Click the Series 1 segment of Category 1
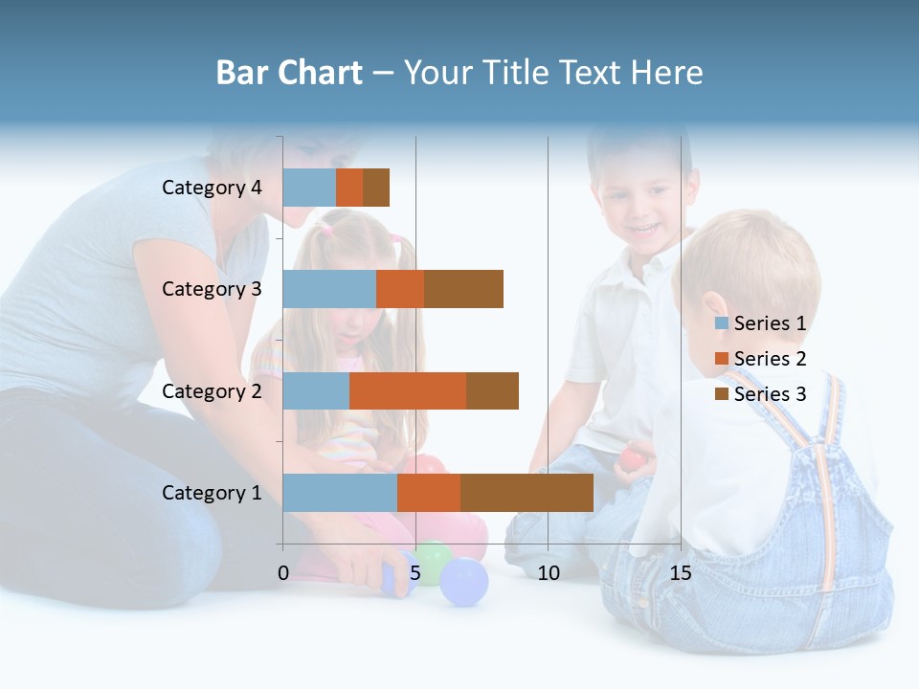pos(340,493)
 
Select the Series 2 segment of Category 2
pos(408,390)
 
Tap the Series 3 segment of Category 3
pos(463,289)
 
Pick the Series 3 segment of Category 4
pos(376,188)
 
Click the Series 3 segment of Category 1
pos(527,493)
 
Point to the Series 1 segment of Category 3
pos(329,289)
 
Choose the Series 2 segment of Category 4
pos(349,188)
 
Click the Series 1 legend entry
pos(761,323)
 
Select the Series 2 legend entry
pos(761,359)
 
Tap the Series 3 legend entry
pos(761,394)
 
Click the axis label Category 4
pos(212,188)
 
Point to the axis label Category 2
pos(212,390)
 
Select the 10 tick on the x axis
pos(548,573)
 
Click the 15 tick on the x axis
pos(681,573)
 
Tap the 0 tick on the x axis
pos(283,573)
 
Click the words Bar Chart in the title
pos(289,73)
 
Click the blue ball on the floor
pos(464,583)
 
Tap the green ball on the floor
pos(432,561)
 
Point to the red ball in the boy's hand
pos(632,459)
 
